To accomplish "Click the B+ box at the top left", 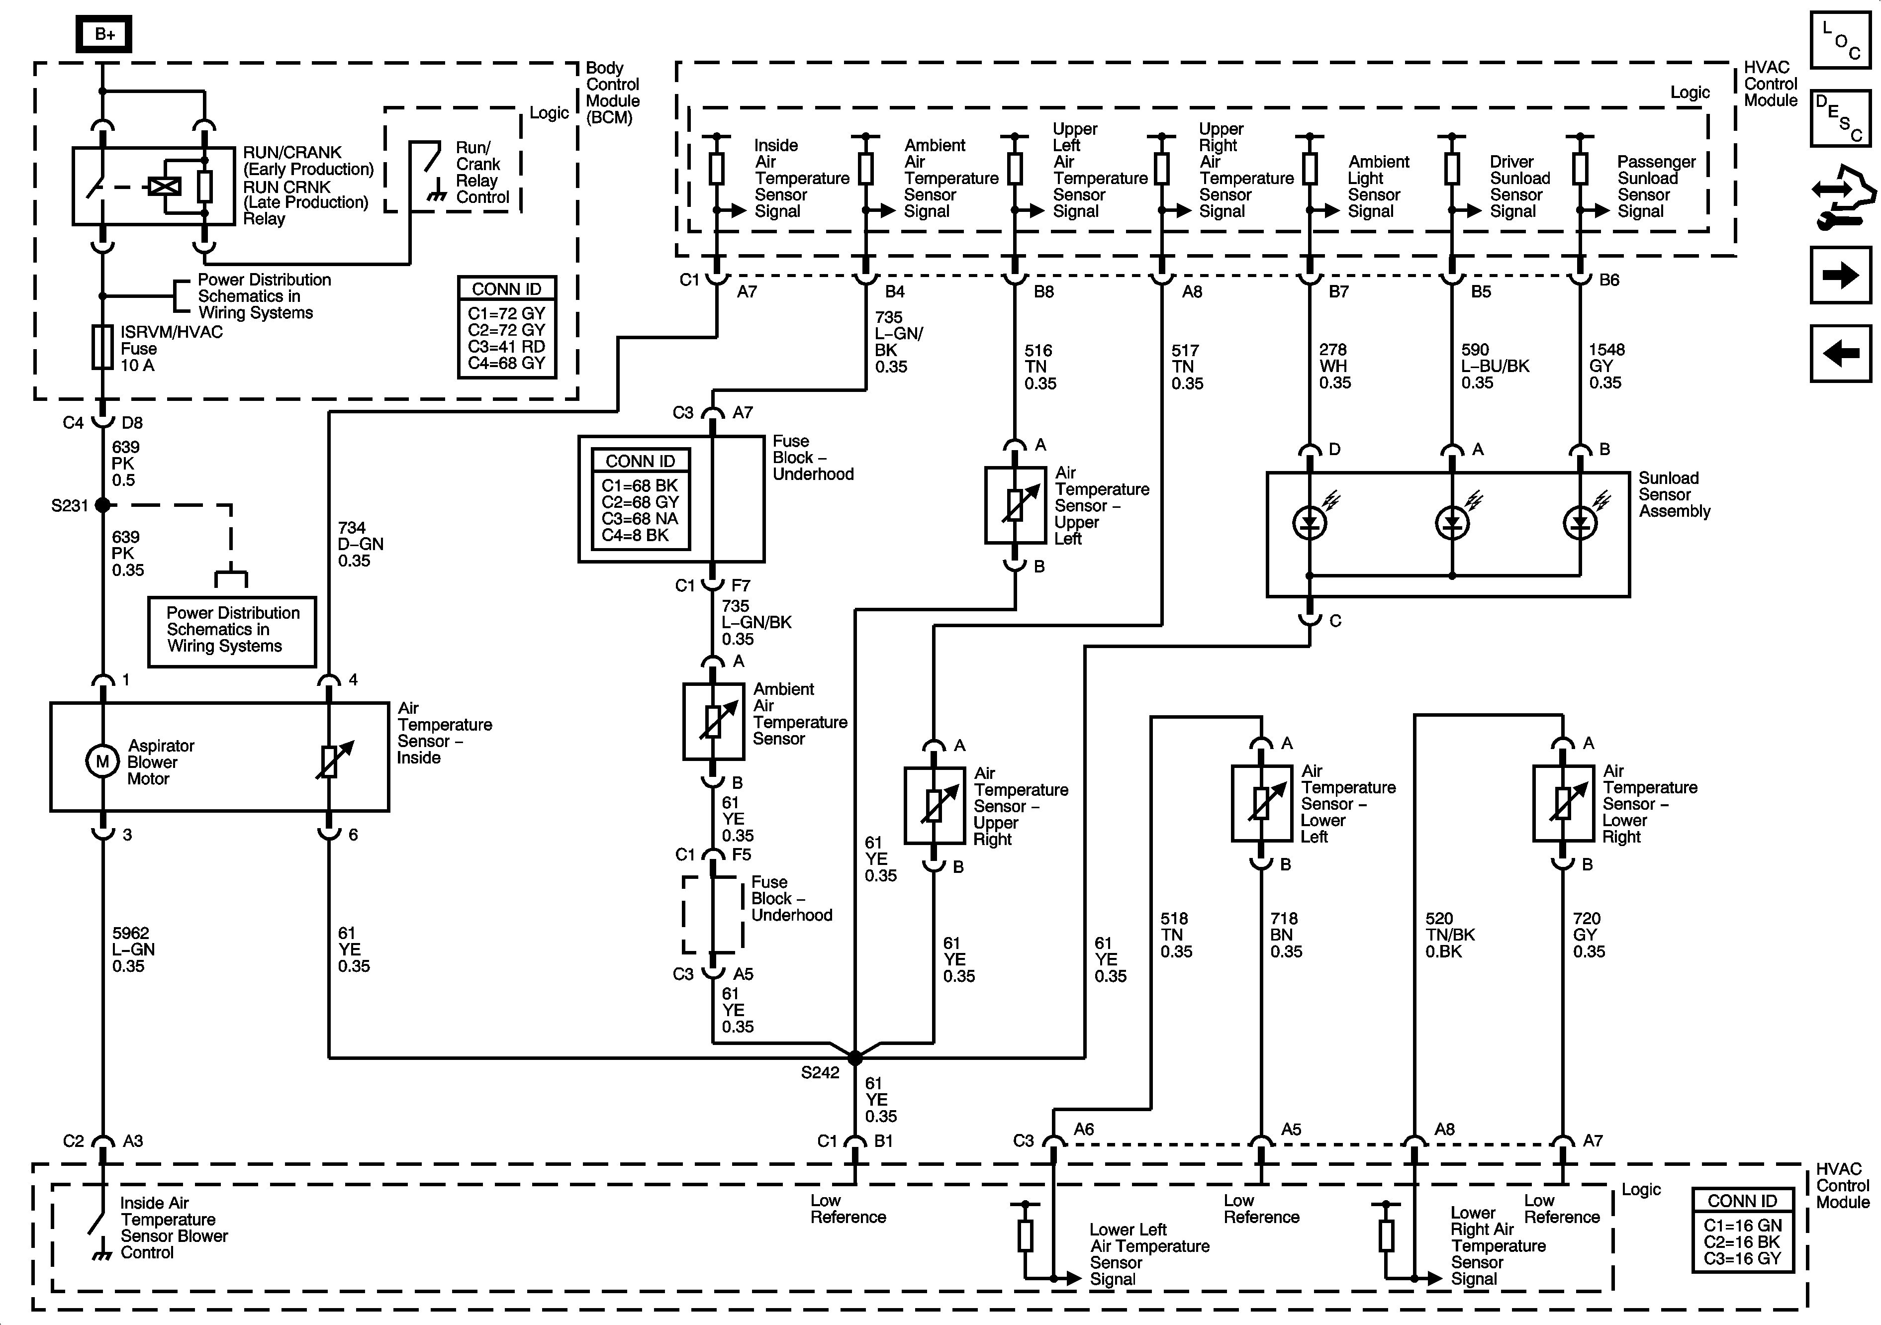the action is (x=104, y=34).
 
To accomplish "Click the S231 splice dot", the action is (x=102, y=505).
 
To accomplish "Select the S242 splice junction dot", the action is (x=854, y=1058).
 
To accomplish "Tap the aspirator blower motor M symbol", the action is (x=102, y=761).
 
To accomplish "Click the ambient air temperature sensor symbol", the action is (x=713, y=721).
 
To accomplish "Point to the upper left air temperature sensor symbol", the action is (x=1015, y=505).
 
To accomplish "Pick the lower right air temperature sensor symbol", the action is (x=1563, y=803).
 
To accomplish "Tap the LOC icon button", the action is (x=1841, y=39).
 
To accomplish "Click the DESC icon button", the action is (x=1841, y=118).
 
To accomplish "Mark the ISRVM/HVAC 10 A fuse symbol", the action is (x=102, y=348).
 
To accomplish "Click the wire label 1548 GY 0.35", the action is (x=1606, y=366).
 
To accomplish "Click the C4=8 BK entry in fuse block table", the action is (x=635, y=535).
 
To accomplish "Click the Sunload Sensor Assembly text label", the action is (x=1675, y=494).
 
